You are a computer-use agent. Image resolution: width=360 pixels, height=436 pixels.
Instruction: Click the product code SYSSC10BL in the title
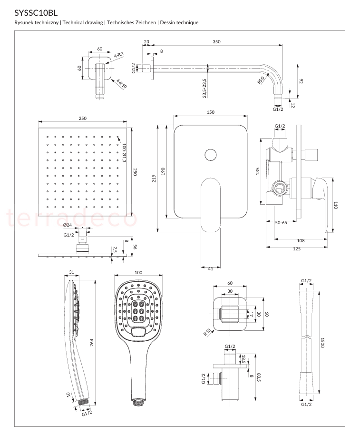[x=36, y=13]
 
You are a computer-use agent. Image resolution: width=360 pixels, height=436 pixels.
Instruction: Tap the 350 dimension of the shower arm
[x=216, y=42]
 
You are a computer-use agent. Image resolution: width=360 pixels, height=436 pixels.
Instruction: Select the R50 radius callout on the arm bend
[x=261, y=80]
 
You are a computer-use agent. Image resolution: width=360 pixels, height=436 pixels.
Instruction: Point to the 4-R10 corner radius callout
[x=121, y=84]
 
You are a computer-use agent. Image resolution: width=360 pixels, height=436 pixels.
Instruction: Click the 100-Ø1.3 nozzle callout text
[x=124, y=153]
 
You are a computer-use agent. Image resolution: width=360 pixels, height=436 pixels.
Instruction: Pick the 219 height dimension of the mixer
[x=154, y=178]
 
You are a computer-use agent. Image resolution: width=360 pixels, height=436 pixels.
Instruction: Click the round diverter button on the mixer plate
[x=211, y=155]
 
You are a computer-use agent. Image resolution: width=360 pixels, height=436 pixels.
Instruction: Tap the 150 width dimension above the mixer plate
[x=211, y=112]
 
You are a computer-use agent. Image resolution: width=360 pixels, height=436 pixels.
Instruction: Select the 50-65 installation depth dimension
[x=281, y=223]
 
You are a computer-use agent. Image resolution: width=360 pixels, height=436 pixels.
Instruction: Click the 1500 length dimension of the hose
[x=322, y=343]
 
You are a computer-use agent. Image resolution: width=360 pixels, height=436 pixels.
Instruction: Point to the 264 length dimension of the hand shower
[x=91, y=343]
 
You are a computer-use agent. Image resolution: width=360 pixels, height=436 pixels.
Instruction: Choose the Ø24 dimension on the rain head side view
[x=68, y=225]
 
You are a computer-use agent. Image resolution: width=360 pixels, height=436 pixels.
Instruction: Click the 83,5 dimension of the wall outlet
[x=259, y=377]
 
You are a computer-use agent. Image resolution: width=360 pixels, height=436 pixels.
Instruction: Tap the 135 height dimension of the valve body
[x=257, y=171]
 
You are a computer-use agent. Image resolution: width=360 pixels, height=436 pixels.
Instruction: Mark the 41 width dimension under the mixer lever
[x=211, y=269]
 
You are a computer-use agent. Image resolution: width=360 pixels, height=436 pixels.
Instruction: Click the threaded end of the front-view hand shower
[x=138, y=402]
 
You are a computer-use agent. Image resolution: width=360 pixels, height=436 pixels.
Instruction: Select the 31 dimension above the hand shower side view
[x=71, y=272]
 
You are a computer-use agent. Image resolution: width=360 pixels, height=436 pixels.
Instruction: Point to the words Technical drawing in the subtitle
[x=83, y=22]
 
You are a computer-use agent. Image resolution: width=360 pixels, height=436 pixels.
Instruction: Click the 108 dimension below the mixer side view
[x=301, y=241]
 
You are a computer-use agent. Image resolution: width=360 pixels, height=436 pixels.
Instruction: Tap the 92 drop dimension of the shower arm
[x=301, y=81]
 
